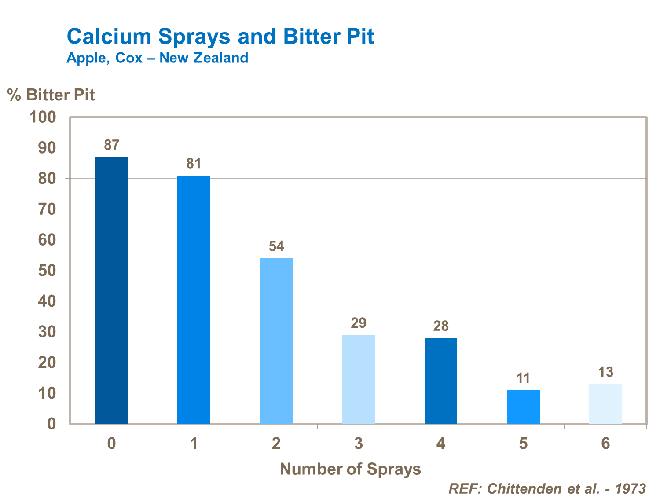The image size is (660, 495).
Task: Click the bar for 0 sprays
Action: tap(111, 290)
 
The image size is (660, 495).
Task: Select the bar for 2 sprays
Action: tap(276, 341)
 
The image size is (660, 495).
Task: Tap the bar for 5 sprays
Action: tap(523, 407)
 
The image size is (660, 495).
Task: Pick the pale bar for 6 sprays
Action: tap(605, 404)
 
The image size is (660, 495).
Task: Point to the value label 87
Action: tap(111, 145)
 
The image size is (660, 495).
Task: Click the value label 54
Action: tap(276, 246)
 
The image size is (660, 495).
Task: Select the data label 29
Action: tap(359, 323)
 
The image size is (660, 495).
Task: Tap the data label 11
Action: tap(523, 378)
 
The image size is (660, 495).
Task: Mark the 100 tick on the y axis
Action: tap(42, 117)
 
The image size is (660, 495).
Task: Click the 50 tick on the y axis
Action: tap(47, 271)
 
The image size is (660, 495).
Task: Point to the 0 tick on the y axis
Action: tap(51, 424)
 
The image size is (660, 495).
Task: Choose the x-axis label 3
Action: tap(359, 444)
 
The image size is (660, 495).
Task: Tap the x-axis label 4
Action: tap(441, 444)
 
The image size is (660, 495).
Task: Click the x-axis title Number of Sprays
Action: tap(350, 469)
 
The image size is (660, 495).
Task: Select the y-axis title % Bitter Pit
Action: tap(51, 95)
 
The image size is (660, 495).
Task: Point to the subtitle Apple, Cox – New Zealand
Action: tap(157, 58)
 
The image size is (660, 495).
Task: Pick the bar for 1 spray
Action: tap(194, 300)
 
